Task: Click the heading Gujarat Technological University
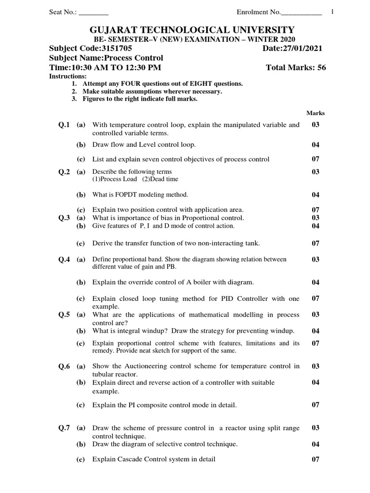(187, 30)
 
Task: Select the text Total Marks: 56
(296, 67)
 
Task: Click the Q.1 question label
(64, 125)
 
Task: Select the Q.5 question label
(64, 314)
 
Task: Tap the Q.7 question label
(64, 428)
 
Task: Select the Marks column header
(316, 113)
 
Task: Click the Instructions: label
(68, 77)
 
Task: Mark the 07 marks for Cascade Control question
(316, 459)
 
